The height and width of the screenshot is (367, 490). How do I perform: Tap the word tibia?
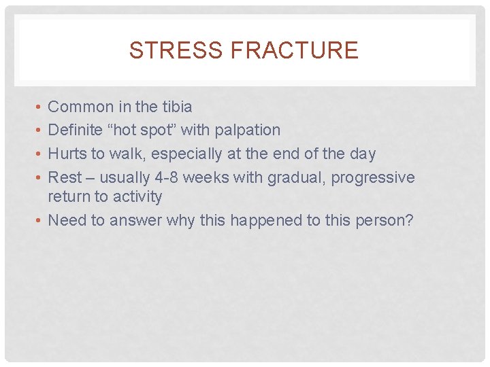[x=176, y=107]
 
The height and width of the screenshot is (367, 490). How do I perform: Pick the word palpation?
[x=247, y=130]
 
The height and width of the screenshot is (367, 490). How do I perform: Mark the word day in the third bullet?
[x=362, y=154]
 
